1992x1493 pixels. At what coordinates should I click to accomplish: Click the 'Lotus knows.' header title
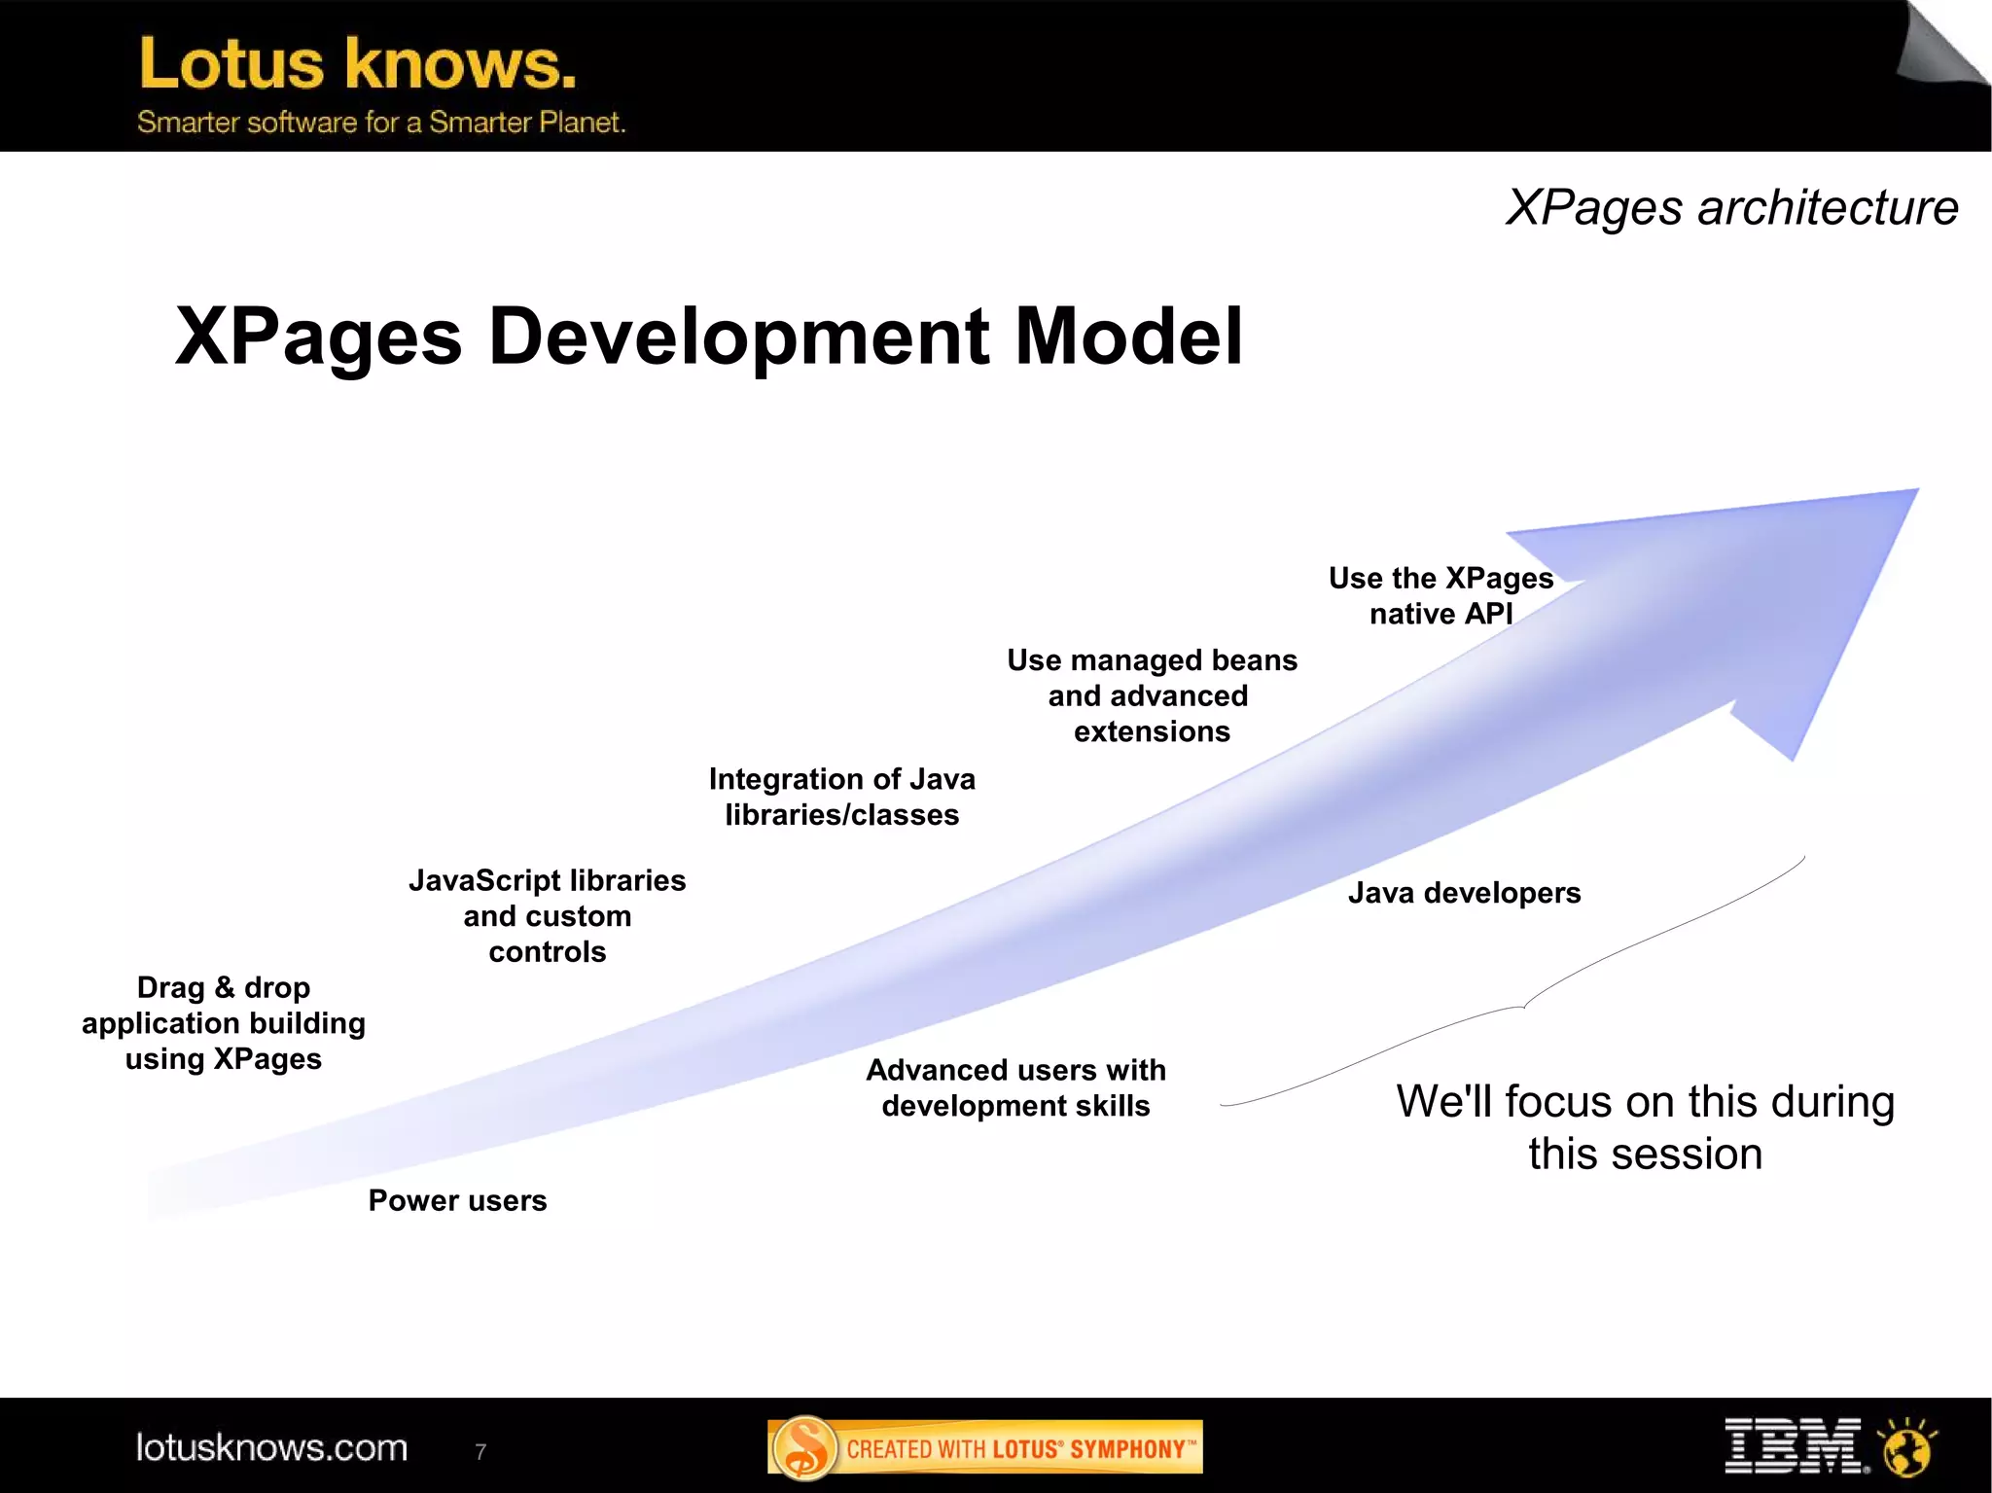pos(357,64)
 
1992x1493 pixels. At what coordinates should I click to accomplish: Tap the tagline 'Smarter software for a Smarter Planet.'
pos(380,123)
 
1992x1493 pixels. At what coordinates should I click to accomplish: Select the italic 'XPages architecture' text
pos(1731,207)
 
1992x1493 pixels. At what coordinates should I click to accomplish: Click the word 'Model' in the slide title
pos(1128,337)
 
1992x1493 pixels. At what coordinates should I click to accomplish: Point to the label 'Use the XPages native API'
pos(1441,595)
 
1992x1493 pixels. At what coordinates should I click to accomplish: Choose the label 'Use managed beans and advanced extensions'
pos(1152,695)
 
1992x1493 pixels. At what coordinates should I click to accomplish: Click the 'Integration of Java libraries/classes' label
pos(841,797)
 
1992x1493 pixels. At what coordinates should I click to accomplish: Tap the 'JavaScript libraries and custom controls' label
pos(547,915)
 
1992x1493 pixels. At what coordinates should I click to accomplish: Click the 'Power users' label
pos(457,1200)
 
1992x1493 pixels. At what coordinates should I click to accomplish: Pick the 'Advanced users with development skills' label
pos(1015,1087)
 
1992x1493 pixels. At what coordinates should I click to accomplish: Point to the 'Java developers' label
pos(1464,893)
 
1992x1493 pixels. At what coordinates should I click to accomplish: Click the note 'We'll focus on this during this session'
pos(1645,1127)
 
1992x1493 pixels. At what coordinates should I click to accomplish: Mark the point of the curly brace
pos(1524,1008)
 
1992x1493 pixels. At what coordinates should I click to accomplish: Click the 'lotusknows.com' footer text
pos(271,1447)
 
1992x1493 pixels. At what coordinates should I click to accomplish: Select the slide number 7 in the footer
pos(480,1451)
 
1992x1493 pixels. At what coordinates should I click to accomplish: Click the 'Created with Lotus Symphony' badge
pos(984,1447)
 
